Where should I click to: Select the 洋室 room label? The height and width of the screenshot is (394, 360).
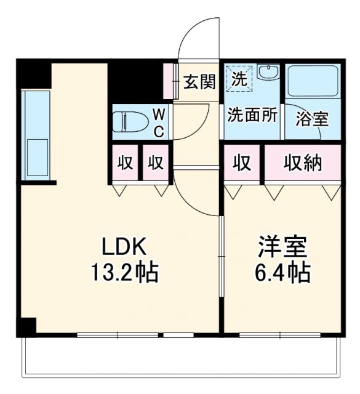(x=282, y=246)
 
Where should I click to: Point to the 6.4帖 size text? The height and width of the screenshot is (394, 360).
(x=282, y=271)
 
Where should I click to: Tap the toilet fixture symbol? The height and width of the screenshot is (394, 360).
(x=129, y=121)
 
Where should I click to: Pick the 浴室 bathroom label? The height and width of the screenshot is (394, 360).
(x=311, y=119)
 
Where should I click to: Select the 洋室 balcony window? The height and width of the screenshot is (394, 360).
(x=281, y=336)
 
